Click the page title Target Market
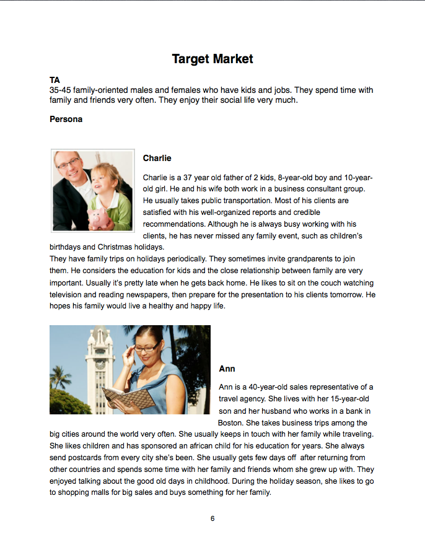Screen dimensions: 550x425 click(x=212, y=59)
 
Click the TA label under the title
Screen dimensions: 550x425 click(x=55, y=81)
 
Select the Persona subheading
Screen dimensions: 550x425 click(x=66, y=119)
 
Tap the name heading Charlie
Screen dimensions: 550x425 click(x=157, y=158)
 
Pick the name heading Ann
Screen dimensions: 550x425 click(x=227, y=369)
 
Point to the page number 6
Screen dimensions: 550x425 click(x=212, y=518)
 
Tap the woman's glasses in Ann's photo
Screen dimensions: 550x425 click(x=147, y=349)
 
